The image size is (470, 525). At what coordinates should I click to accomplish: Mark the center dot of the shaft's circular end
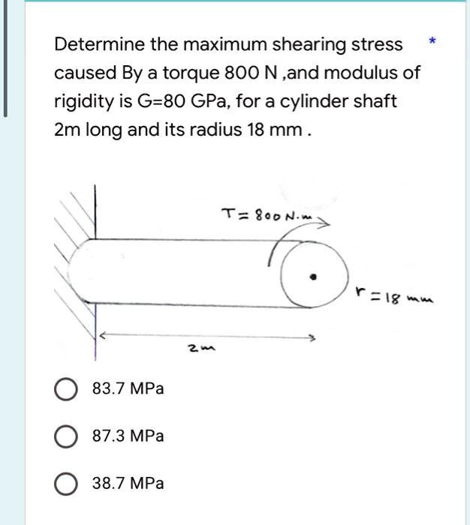coord(315,277)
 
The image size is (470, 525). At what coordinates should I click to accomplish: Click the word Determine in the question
coord(98,45)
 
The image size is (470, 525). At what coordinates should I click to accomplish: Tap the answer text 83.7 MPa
coord(128,389)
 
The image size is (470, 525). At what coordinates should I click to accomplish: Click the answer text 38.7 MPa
coord(128,484)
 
